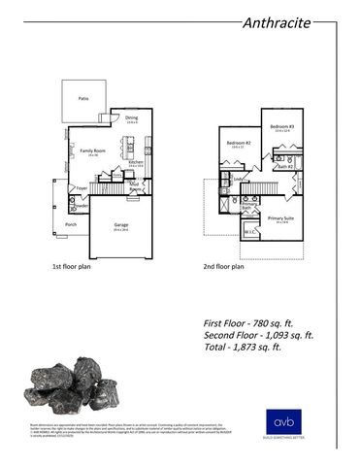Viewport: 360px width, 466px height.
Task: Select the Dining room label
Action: pyautogui.click(x=132, y=119)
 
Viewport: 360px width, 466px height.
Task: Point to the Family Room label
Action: pyautogui.click(x=92, y=151)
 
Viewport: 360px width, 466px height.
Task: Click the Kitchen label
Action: pyautogui.click(x=136, y=161)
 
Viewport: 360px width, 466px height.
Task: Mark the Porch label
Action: pyautogui.click(x=70, y=224)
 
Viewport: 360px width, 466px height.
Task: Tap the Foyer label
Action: pyautogui.click(x=82, y=187)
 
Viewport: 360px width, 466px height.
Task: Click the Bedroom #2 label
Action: pyautogui.click(x=238, y=143)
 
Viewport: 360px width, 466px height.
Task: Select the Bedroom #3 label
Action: pyautogui.click(x=281, y=127)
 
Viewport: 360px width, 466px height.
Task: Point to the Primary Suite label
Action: pyautogui.click(x=281, y=219)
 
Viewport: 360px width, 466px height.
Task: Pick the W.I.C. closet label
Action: pyautogui.click(x=249, y=232)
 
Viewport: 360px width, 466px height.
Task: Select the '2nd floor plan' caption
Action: pyautogui.click(x=223, y=265)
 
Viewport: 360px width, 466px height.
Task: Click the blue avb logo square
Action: pyautogui.click(x=281, y=423)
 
